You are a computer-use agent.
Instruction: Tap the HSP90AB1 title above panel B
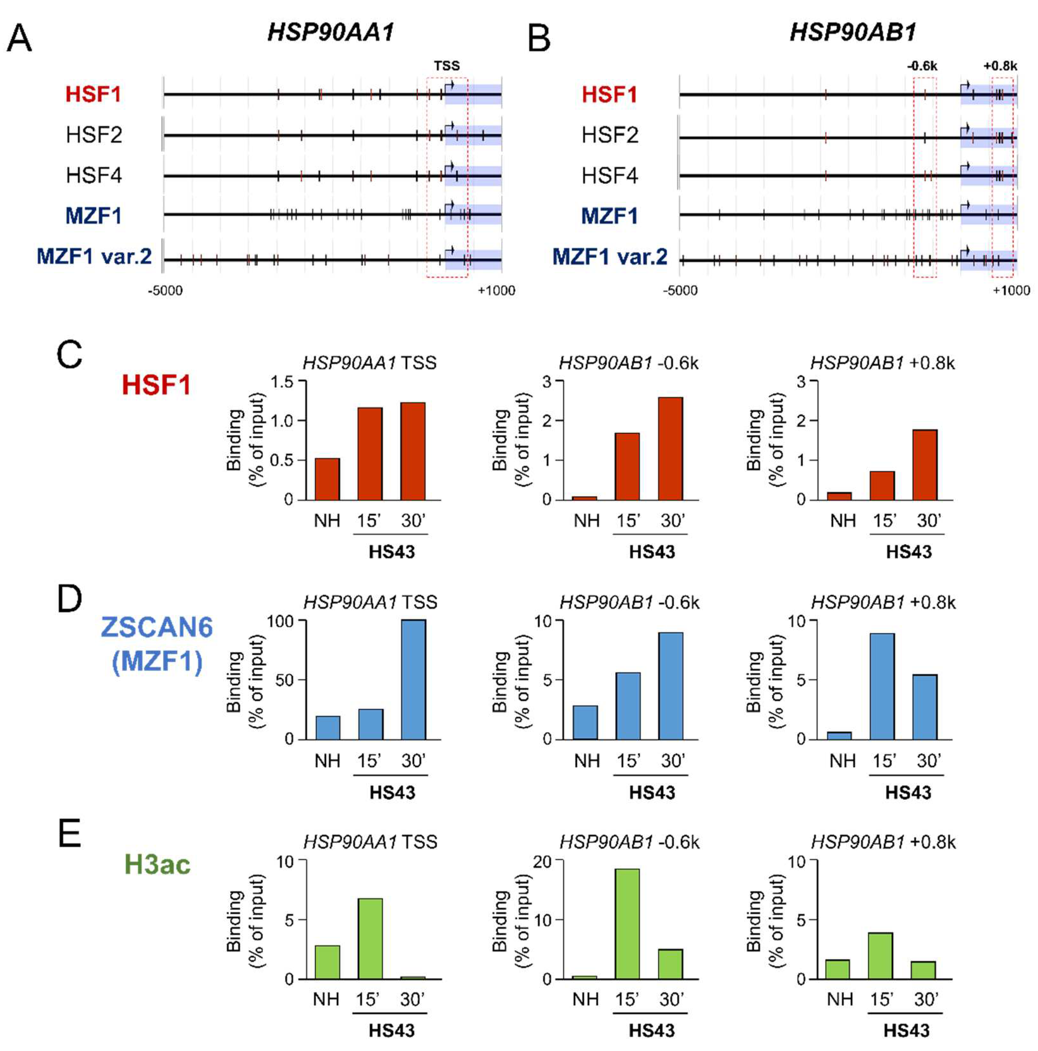point(852,33)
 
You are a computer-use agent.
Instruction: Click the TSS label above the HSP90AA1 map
point(446,66)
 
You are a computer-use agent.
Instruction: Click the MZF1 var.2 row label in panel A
point(94,256)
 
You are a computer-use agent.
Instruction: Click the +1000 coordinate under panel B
point(1011,291)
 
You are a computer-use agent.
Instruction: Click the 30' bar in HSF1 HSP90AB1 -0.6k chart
point(671,448)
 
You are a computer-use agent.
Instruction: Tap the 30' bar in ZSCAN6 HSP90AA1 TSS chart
point(413,680)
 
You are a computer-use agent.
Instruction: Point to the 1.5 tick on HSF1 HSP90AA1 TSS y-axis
point(282,382)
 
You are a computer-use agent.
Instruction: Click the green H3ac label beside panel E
point(157,864)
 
